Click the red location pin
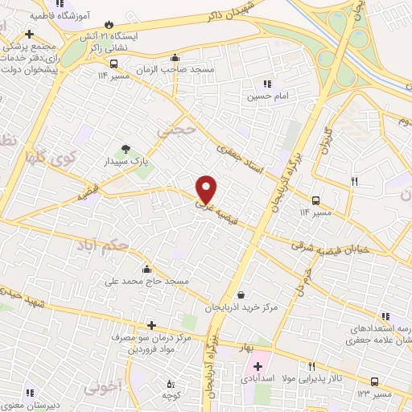coord(207,188)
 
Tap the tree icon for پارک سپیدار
coord(126,148)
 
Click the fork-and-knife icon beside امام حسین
coord(267,83)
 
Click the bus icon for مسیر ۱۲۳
coord(374,381)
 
